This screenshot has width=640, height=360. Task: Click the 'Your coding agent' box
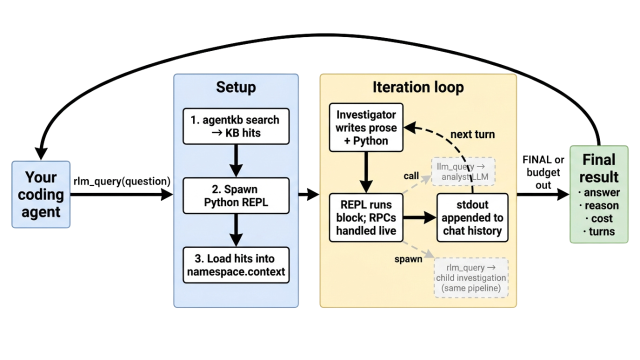pyautogui.click(x=41, y=194)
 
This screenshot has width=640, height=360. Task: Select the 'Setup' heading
pyautogui.click(x=235, y=87)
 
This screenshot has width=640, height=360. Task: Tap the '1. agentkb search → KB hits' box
pyautogui.click(x=236, y=126)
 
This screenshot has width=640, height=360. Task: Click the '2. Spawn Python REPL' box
pyautogui.click(x=236, y=196)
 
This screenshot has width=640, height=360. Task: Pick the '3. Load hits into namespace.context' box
pyautogui.click(x=236, y=265)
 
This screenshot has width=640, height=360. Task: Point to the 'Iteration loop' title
pyautogui.click(x=418, y=87)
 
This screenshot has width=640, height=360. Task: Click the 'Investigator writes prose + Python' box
pyautogui.click(x=366, y=127)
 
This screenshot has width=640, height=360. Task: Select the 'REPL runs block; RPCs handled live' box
pyautogui.click(x=366, y=217)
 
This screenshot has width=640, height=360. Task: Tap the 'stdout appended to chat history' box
pyautogui.click(x=472, y=217)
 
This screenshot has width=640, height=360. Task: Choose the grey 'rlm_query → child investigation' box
pyautogui.click(x=471, y=277)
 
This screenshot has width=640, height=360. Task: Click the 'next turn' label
pyautogui.click(x=472, y=134)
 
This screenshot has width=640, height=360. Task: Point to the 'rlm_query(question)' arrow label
pyautogui.click(x=122, y=181)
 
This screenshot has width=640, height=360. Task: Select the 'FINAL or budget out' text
pyautogui.click(x=543, y=172)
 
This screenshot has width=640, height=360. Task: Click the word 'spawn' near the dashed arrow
pyautogui.click(x=408, y=259)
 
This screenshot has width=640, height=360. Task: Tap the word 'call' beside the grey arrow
pyautogui.click(x=411, y=176)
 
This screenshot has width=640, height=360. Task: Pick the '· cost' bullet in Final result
pyautogui.click(x=599, y=218)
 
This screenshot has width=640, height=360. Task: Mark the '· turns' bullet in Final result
pyautogui.click(x=599, y=231)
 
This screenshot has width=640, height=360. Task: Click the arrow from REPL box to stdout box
pyautogui.click(x=420, y=217)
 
